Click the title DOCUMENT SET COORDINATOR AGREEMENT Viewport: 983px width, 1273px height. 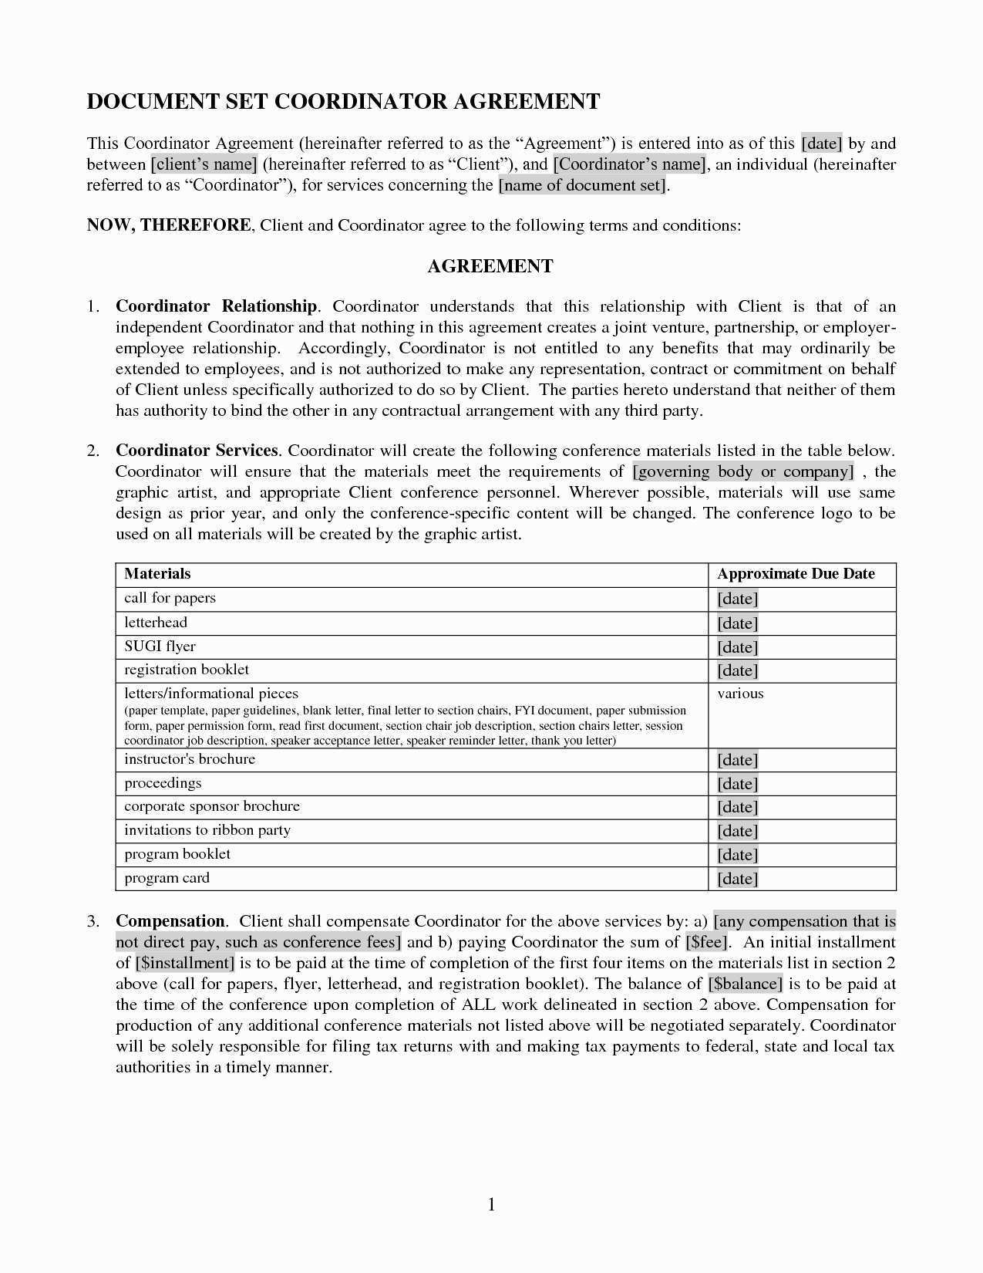click(x=343, y=102)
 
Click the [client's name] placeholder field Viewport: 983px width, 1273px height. click(x=204, y=164)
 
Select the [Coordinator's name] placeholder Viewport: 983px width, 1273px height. click(x=629, y=164)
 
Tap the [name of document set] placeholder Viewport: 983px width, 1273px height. click(x=582, y=185)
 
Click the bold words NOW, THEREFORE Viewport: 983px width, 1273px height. click(x=168, y=225)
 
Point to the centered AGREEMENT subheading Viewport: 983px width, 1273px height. click(x=490, y=266)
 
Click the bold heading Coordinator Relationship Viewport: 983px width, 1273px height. click(x=216, y=306)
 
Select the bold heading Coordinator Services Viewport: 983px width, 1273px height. click(x=197, y=451)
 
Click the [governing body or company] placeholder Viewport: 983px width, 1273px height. click(x=743, y=471)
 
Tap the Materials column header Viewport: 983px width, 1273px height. click(x=157, y=574)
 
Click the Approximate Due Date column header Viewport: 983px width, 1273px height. click(x=796, y=574)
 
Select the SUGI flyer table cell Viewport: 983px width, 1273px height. click(x=160, y=647)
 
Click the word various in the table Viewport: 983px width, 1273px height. click(x=740, y=694)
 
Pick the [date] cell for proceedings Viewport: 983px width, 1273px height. click(x=738, y=784)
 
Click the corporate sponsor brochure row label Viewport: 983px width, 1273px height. click(x=212, y=806)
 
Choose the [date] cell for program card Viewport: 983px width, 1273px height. click(x=738, y=879)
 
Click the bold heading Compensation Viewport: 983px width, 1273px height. click(x=170, y=921)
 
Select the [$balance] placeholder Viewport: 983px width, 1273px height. click(x=746, y=984)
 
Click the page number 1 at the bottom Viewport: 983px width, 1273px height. click(x=491, y=1204)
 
